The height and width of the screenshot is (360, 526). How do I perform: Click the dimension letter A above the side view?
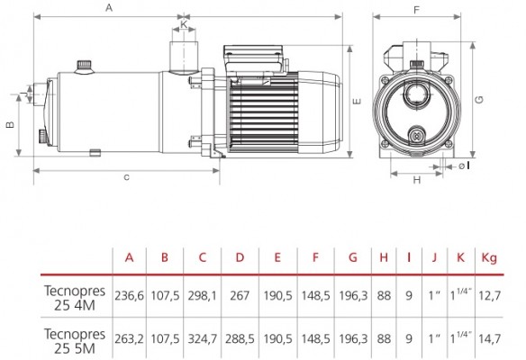pos(109,7)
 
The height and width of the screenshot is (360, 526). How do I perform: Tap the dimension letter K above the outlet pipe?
pos(184,24)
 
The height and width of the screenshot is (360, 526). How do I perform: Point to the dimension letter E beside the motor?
pos(358,101)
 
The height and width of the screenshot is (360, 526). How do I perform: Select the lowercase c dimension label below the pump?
pos(126,177)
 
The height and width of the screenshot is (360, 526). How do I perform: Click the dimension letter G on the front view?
pos(480,100)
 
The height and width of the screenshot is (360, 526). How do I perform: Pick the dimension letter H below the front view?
pos(417,180)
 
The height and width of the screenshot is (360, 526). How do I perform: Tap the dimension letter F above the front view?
pos(416,10)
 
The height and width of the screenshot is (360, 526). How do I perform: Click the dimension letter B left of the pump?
pos(11,124)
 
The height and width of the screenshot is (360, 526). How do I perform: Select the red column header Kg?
pos(489,257)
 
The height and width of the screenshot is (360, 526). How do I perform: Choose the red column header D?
pos(240,257)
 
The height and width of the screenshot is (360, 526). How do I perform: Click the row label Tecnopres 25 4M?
pos(75,298)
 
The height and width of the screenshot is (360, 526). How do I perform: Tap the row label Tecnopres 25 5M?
pos(75,341)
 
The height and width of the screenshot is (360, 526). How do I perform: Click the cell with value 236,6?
pos(129,295)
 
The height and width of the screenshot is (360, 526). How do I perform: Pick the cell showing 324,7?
pos(203,339)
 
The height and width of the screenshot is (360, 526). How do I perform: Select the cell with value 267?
pos(240,295)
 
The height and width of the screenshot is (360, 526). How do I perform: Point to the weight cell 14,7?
pos(490,339)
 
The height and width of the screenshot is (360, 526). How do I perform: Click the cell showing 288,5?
pos(240,339)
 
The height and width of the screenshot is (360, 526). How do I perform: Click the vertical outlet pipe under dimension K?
pos(184,57)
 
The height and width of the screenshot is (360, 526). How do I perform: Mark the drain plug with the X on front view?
pos(417,135)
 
